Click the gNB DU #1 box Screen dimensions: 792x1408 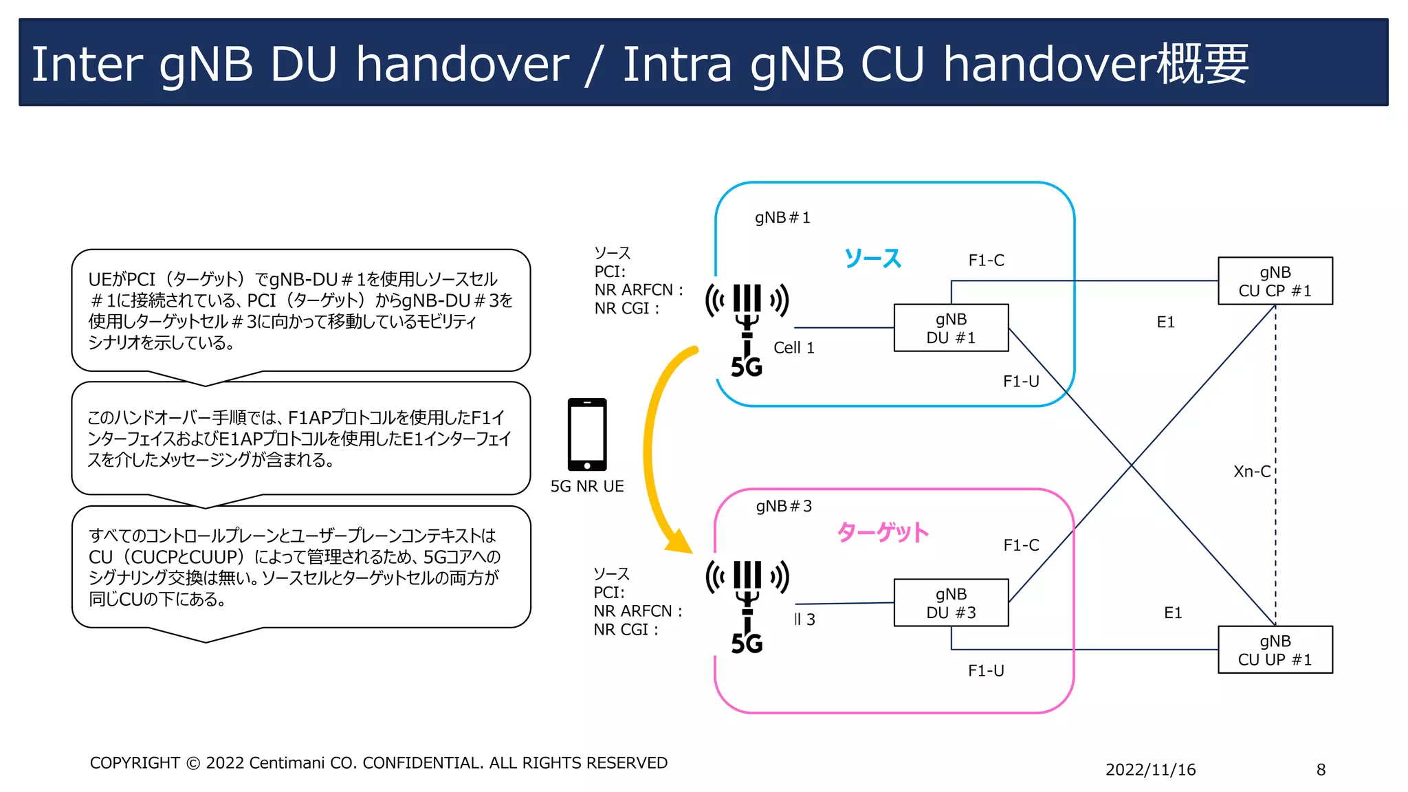951,328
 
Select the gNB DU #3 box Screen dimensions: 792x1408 951,603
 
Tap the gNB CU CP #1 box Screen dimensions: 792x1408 1275,281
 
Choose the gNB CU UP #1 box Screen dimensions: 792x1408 1275,650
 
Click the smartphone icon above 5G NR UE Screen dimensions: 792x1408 587,434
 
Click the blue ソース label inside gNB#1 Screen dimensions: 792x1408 872,258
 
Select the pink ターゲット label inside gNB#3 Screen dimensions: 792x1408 883,532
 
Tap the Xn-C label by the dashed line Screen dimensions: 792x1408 1251,472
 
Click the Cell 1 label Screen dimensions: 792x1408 793,348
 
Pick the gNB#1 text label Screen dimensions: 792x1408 782,218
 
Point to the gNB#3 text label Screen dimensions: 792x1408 784,507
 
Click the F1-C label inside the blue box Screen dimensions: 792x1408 986,261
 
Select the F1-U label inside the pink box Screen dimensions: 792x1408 986,671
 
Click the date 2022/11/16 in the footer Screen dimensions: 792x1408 1150,770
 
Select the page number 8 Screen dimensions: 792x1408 1321,770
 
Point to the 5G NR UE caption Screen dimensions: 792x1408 587,487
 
